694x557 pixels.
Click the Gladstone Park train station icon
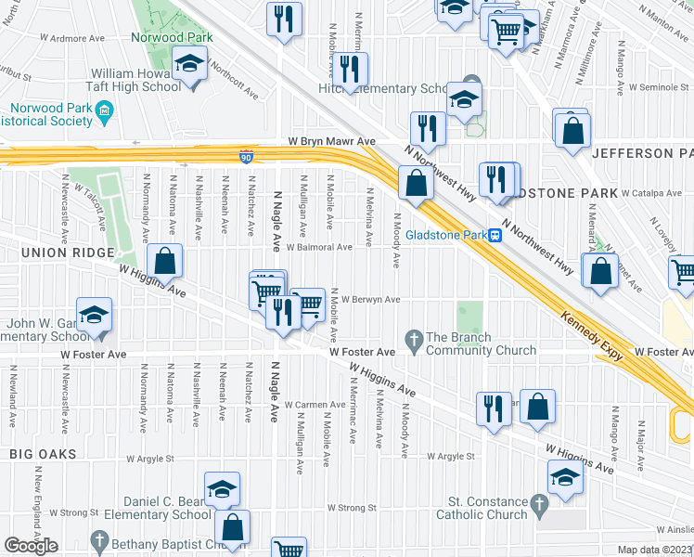click(495, 236)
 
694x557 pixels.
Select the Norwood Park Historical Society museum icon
click(104, 114)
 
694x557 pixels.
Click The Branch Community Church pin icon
click(414, 338)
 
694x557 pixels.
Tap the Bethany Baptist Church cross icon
click(99, 540)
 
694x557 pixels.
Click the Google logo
click(31, 545)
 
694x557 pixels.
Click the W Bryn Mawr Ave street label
click(329, 141)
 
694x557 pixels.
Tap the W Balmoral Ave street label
click(318, 248)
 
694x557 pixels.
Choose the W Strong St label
click(74, 512)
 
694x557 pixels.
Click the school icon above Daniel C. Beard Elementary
click(222, 488)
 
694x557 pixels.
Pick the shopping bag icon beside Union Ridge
click(164, 261)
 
